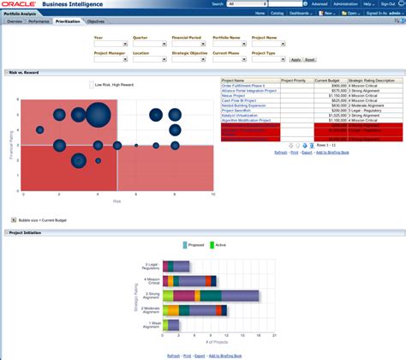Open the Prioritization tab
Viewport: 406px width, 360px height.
point(68,21)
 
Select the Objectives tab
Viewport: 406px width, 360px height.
point(96,21)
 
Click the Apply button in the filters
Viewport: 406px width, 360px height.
point(296,59)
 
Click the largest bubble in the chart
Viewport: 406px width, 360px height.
point(97,113)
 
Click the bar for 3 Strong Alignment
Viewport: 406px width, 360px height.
point(212,296)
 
